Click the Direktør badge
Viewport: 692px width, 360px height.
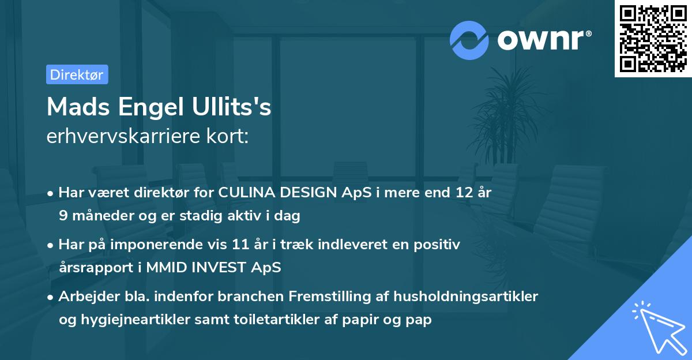click(x=77, y=74)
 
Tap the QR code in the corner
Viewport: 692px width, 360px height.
click(x=653, y=39)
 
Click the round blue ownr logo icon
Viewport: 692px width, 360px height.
click(x=469, y=40)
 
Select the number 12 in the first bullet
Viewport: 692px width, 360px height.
click(x=461, y=193)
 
